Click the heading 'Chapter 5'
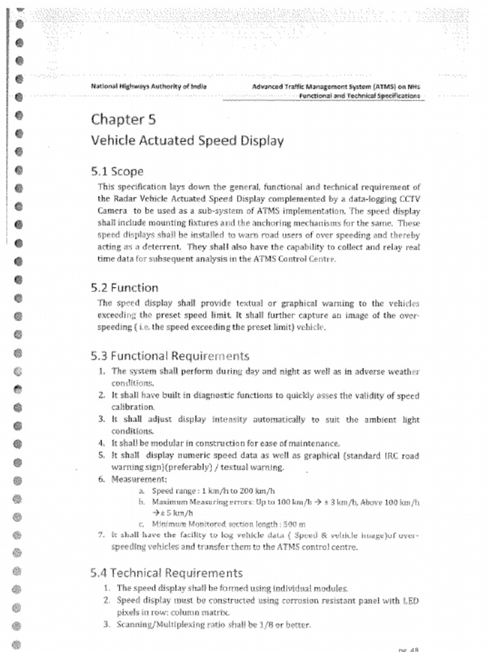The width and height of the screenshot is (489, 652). click(124, 119)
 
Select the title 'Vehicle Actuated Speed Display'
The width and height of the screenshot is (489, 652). click(187, 141)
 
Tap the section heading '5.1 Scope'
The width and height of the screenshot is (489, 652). click(117, 171)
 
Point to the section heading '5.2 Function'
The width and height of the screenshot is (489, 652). click(125, 288)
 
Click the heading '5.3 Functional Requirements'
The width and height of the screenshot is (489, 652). click(170, 356)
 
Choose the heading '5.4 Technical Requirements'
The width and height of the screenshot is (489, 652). click(167, 573)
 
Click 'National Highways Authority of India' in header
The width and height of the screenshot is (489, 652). click(148, 86)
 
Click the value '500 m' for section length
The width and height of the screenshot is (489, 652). click(294, 525)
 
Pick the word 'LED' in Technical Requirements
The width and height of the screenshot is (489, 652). click(411, 600)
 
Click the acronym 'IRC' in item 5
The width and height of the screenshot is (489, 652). click(393, 456)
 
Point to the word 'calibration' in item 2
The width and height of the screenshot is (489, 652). click(133, 407)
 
